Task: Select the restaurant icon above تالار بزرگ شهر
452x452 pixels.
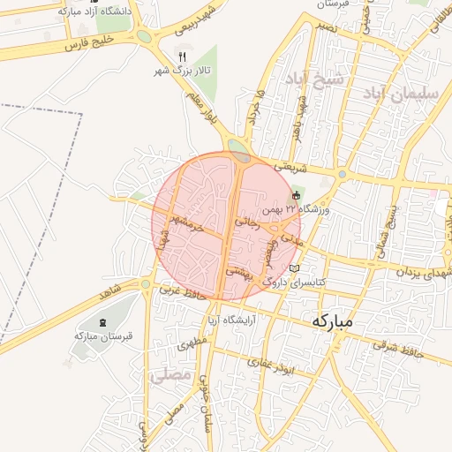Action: coord(182,55)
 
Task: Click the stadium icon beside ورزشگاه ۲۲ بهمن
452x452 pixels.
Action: coord(297,195)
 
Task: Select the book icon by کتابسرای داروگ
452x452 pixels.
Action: coord(295,267)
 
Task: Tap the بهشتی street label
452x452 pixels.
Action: coord(239,274)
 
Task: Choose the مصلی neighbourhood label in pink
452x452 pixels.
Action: coord(171,374)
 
